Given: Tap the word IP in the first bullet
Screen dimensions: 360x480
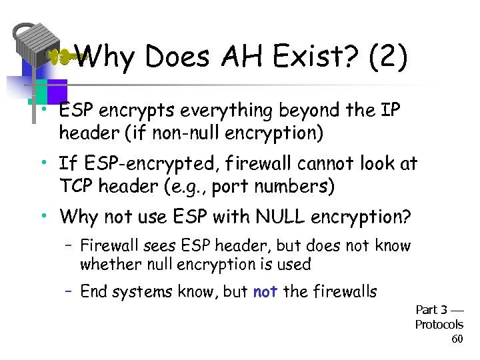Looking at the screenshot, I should tap(390, 111).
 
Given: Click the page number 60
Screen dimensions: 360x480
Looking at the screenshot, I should tap(457, 339).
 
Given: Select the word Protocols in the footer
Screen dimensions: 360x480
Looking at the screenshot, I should tap(439, 325).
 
